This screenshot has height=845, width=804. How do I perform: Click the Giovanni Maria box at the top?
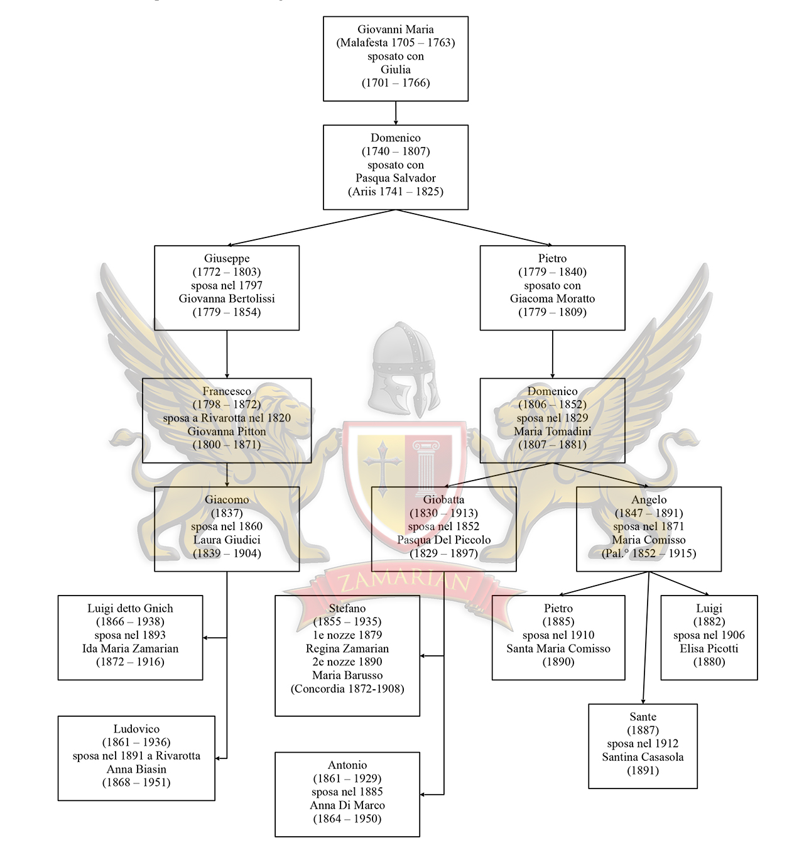(x=395, y=58)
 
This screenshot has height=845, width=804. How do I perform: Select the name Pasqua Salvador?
(x=395, y=178)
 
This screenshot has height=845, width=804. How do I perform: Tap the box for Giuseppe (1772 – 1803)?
(x=227, y=288)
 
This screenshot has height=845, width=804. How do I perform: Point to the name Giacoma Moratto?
(x=552, y=298)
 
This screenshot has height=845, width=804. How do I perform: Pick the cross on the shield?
(x=382, y=461)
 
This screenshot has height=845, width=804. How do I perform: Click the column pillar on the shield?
(x=427, y=466)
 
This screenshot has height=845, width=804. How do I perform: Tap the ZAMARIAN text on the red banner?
(x=405, y=581)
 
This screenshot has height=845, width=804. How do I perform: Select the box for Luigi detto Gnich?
(x=130, y=637)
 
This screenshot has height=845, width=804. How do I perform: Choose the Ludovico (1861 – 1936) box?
(x=136, y=758)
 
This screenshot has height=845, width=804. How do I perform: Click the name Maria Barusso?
(x=347, y=675)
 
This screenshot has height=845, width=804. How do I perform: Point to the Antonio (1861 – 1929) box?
(x=347, y=794)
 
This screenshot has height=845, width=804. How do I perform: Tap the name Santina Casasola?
(x=643, y=757)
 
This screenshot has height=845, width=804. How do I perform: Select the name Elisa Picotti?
(x=709, y=648)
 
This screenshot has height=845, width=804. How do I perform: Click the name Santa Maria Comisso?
(x=558, y=648)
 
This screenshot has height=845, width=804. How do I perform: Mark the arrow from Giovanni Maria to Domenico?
(x=396, y=113)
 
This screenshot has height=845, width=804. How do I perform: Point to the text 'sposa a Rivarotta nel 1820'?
(x=227, y=418)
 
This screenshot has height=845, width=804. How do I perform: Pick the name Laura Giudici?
(x=227, y=540)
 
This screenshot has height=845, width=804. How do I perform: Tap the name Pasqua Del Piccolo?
(x=443, y=540)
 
